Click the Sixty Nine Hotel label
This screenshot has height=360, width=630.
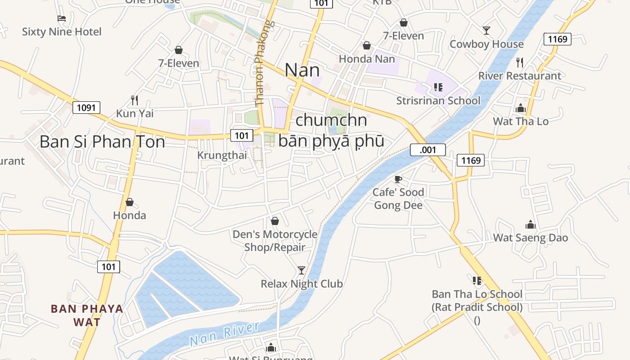tap(62, 32)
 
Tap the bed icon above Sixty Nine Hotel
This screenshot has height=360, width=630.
tap(62, 18)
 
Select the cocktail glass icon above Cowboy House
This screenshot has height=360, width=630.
tap(486, 30)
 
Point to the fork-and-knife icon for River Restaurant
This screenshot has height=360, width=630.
tap(520, 62)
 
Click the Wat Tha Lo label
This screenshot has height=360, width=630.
tap(521, 121)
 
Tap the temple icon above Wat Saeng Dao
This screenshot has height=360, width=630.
tap(531, 225)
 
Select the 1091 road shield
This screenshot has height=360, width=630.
tap(86, 108)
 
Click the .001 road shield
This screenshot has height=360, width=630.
tap(427, 150)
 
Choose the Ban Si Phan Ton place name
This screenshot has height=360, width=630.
tap(102, 142)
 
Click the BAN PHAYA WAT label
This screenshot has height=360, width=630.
tap(87, 315)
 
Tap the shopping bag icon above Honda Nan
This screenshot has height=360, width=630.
tap(367, 45)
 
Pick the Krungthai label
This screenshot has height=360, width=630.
tap(222, 155)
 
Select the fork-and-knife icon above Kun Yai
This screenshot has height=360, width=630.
tap(134, 99)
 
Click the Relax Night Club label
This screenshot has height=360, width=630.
tap(301, 284)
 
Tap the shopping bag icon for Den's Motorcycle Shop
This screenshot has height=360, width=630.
tap(274, 221)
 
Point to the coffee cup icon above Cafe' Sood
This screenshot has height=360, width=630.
tap(398, 179)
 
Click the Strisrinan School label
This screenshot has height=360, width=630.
tap(438, 100)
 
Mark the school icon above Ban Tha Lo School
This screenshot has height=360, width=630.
tap(477, 281)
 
